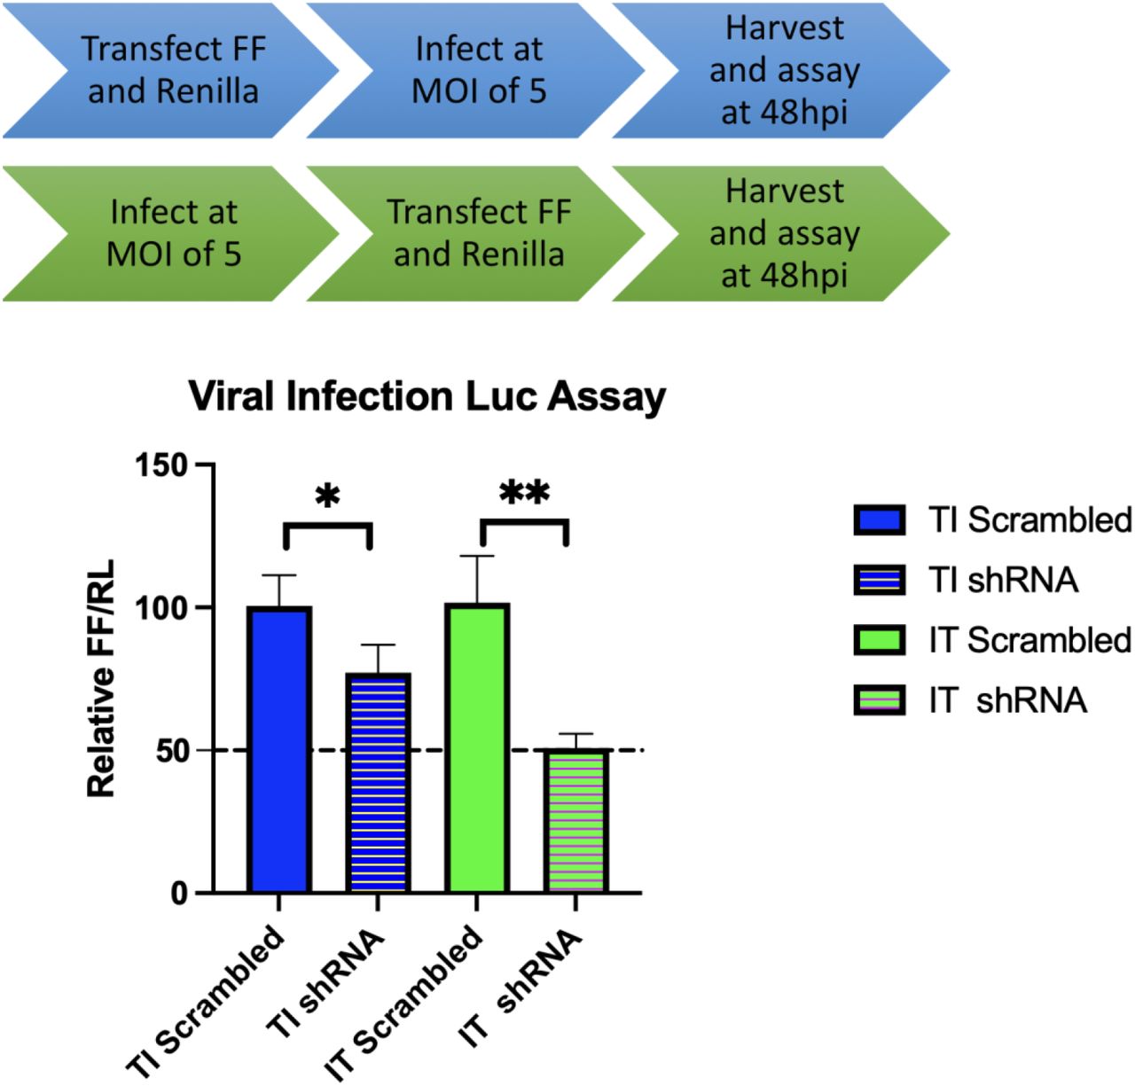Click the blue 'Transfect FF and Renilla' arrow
(173, 70)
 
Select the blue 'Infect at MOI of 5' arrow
(479, 70)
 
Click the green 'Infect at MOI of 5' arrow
(173, 233)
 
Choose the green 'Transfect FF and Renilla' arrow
(479, 233)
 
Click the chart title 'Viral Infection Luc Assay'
(427, 396)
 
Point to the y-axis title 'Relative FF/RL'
(102, 678)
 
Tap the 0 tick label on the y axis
(178, 894)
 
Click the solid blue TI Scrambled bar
(279, 749)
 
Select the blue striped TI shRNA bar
(379, 784)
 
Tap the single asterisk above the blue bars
(327, 497)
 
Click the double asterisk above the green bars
(524, 493)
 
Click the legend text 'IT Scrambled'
(1029, 640)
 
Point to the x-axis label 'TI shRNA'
(328, 984)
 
